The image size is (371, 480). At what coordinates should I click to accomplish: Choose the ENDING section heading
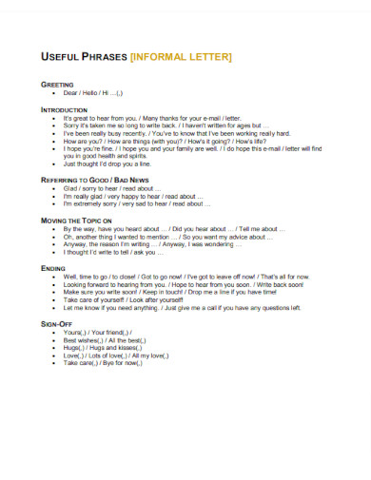click(53, 295)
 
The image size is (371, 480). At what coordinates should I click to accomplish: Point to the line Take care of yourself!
click(134, 328)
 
